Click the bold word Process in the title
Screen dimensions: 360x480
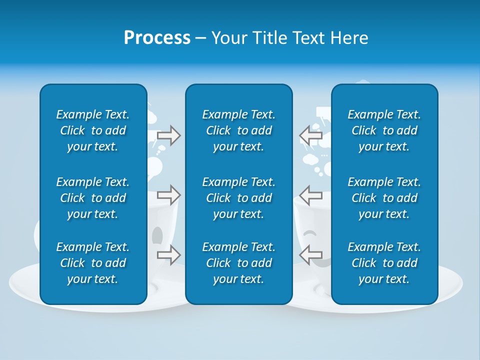(x=157, y=38)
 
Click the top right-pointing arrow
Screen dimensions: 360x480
(x=168, y=135)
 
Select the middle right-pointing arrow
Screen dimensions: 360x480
(x=168, y=194)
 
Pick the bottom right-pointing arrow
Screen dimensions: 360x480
(x=168, y=254)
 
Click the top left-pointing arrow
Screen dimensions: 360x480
(x=310, y=135)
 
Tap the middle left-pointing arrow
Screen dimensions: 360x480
(x=310, y=194)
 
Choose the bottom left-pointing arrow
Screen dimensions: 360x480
(x=310, y=254)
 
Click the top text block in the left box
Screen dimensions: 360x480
(x=93, y=130)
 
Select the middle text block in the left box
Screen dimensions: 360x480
(x=93, y=198)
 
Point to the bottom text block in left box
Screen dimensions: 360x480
(x=93, y=263)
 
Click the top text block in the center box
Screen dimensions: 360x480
(x=238, y=130)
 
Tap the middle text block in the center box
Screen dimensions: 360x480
(x=238, y=198)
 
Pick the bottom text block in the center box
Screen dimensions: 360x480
(x=238, y=263)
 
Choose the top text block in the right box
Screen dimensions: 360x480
(x=384, y=130)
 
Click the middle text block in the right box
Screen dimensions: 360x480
(x=384, y=198)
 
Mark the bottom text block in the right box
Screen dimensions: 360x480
(x=384, y=263)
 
